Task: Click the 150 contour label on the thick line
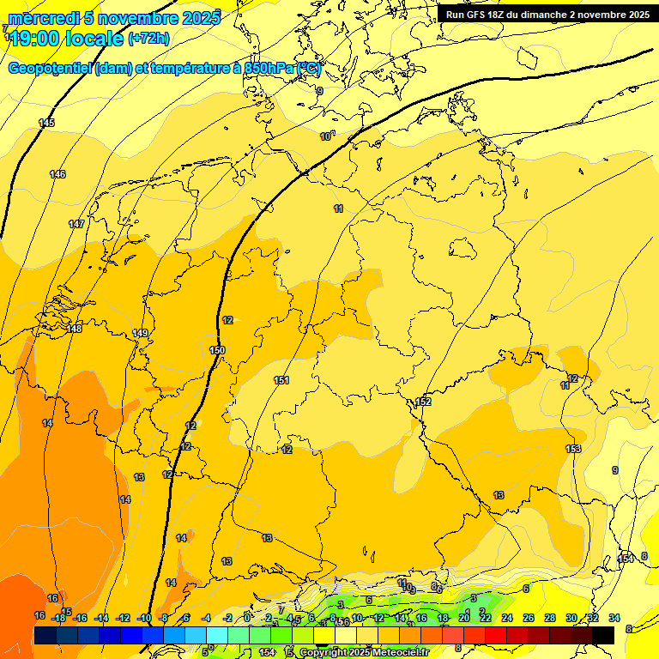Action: [x=217, y=350]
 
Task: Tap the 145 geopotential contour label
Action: [x=47, y=124]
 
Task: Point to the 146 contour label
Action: [x=57, y=175]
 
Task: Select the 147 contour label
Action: [x=76, y=224]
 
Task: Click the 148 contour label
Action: [x=74, y=329]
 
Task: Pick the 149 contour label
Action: [x=141, y=333]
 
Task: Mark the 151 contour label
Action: [x=281, y=380]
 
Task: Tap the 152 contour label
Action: [x=423, y=402]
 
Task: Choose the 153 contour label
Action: [x=573, y=449]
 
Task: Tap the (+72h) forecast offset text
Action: [x=148, y=38]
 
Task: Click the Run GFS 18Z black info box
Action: [x=547, y=14]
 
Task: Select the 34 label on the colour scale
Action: [x=614, y=618]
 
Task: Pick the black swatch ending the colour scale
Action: [x=603, y=635]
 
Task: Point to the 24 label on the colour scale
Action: [x=507, y=618]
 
